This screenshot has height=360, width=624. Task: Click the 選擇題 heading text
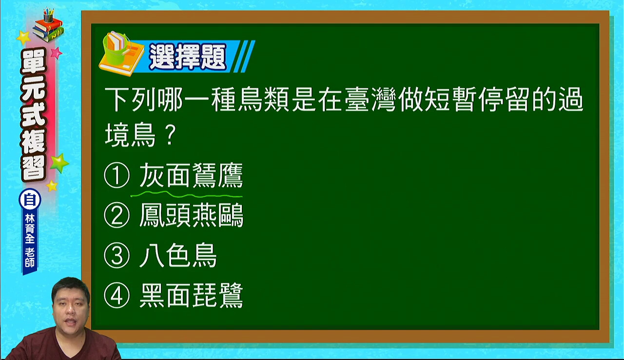tap(188, 57)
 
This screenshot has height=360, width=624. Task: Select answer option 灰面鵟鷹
tap(191, 176)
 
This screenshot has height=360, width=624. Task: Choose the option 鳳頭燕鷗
tap(191, 216)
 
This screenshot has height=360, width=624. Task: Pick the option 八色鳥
tap(178, 256)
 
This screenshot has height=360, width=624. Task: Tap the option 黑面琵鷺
tap(191, 295)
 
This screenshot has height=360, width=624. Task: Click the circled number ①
tap(117, 176)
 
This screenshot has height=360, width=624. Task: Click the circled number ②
tap(117, 216)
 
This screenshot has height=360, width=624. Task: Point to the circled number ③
tap(117, 256)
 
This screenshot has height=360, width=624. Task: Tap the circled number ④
tap(117, 295)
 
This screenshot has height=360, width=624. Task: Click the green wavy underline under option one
tap(186, 195)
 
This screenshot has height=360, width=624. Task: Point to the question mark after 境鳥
tap(170, 135)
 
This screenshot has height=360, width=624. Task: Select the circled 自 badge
tap(30, 200)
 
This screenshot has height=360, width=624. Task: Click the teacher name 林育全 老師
tap(30, 241)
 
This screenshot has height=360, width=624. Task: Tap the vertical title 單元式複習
tap(34, 115)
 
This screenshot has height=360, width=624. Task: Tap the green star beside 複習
tap(59, 163)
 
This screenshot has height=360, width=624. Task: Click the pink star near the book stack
tap(57, 53)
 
